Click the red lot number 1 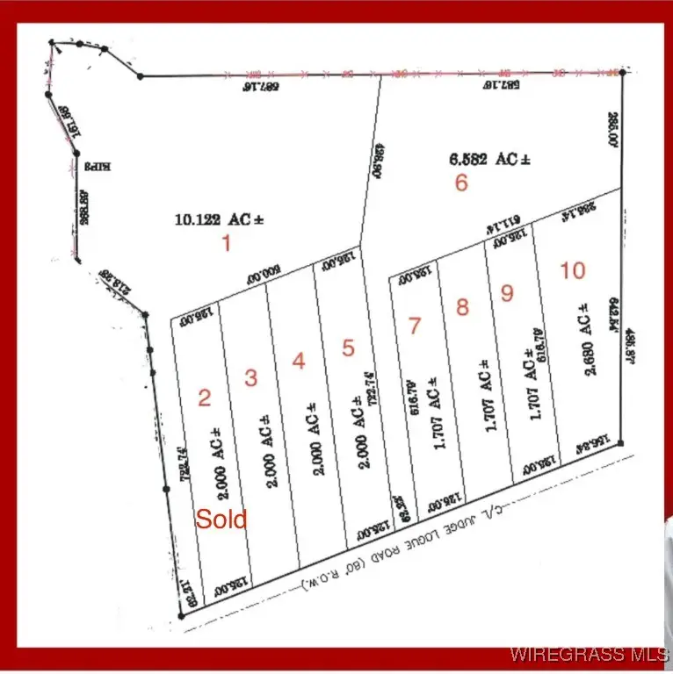[x=226, y=243]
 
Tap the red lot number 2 [x=205, y=398]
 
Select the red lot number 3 [x=251, y=378]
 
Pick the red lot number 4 [x=299, y=361]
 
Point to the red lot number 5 [x=348, y=348]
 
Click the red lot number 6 [x=461, y=183]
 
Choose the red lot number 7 [x=415, y=326]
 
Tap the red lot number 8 [x=462, y=307]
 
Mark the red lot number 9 [x=507, y=293]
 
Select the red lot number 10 [x=572, y=270]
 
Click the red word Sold [x=221, y=519]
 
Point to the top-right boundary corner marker [x=622, y=72]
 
